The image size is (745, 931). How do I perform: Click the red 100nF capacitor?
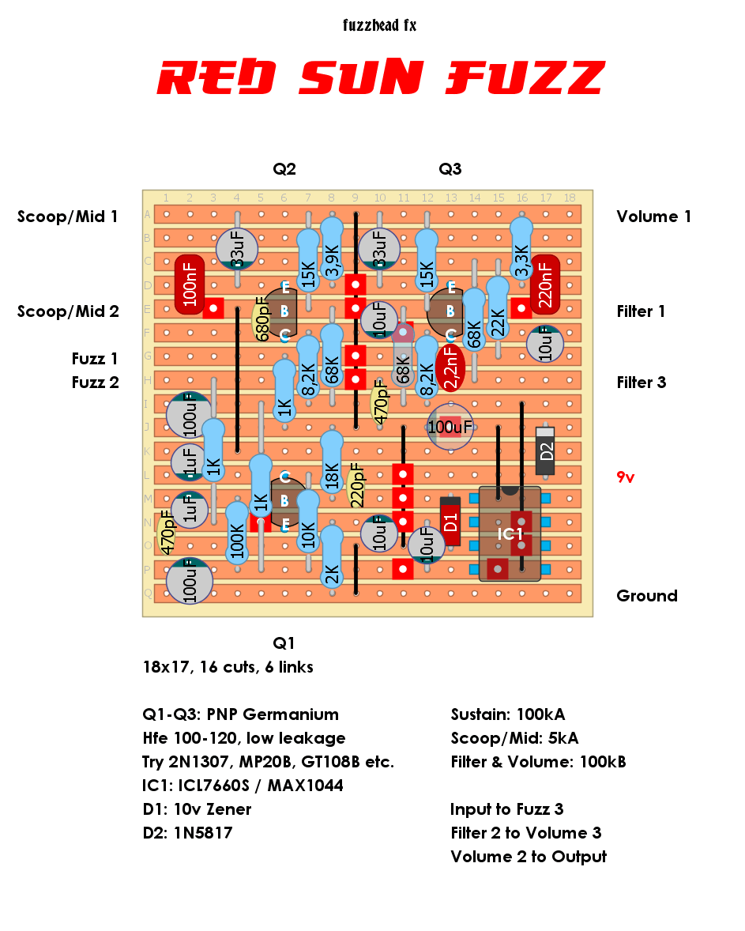tap(190, 285)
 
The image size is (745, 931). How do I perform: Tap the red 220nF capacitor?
tap(545, 285)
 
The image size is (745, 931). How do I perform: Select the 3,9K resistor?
tap(332, 248)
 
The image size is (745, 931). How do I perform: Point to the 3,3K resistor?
tap(521, 248)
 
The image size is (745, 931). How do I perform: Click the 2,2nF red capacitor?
tap(450, 367)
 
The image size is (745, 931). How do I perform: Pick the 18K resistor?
tap(332, 462)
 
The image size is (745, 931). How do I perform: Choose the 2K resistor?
tap(332, 557)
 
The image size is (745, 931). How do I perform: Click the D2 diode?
tap(545, 450)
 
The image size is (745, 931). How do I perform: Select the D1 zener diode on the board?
tap(450, 522)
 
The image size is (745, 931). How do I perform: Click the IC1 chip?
tap(510, 533)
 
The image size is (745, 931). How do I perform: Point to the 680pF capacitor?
tap(262, 319)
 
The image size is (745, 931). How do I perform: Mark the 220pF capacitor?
tap(356, 486)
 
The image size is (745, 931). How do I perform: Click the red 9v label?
tap(625, 477)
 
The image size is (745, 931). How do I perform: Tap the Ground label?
tap(646, 596)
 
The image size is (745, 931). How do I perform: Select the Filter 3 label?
tap(642, 383)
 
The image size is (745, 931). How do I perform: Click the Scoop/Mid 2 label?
tap(68, 311)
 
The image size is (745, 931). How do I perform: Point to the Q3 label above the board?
tap(450, 169)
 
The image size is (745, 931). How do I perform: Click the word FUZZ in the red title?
tap(525, 77)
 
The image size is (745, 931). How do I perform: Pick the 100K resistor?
tap(237, 533)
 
